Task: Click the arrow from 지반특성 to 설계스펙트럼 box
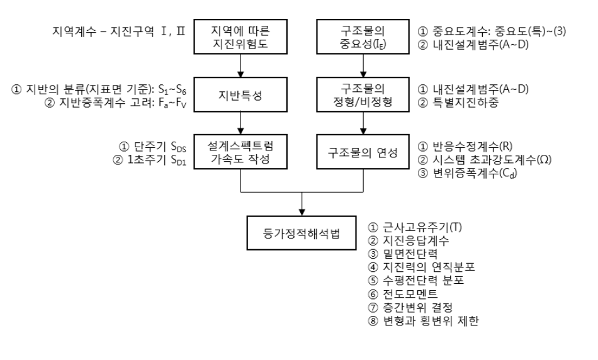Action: point(240,128)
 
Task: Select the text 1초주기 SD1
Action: point(155,161)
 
